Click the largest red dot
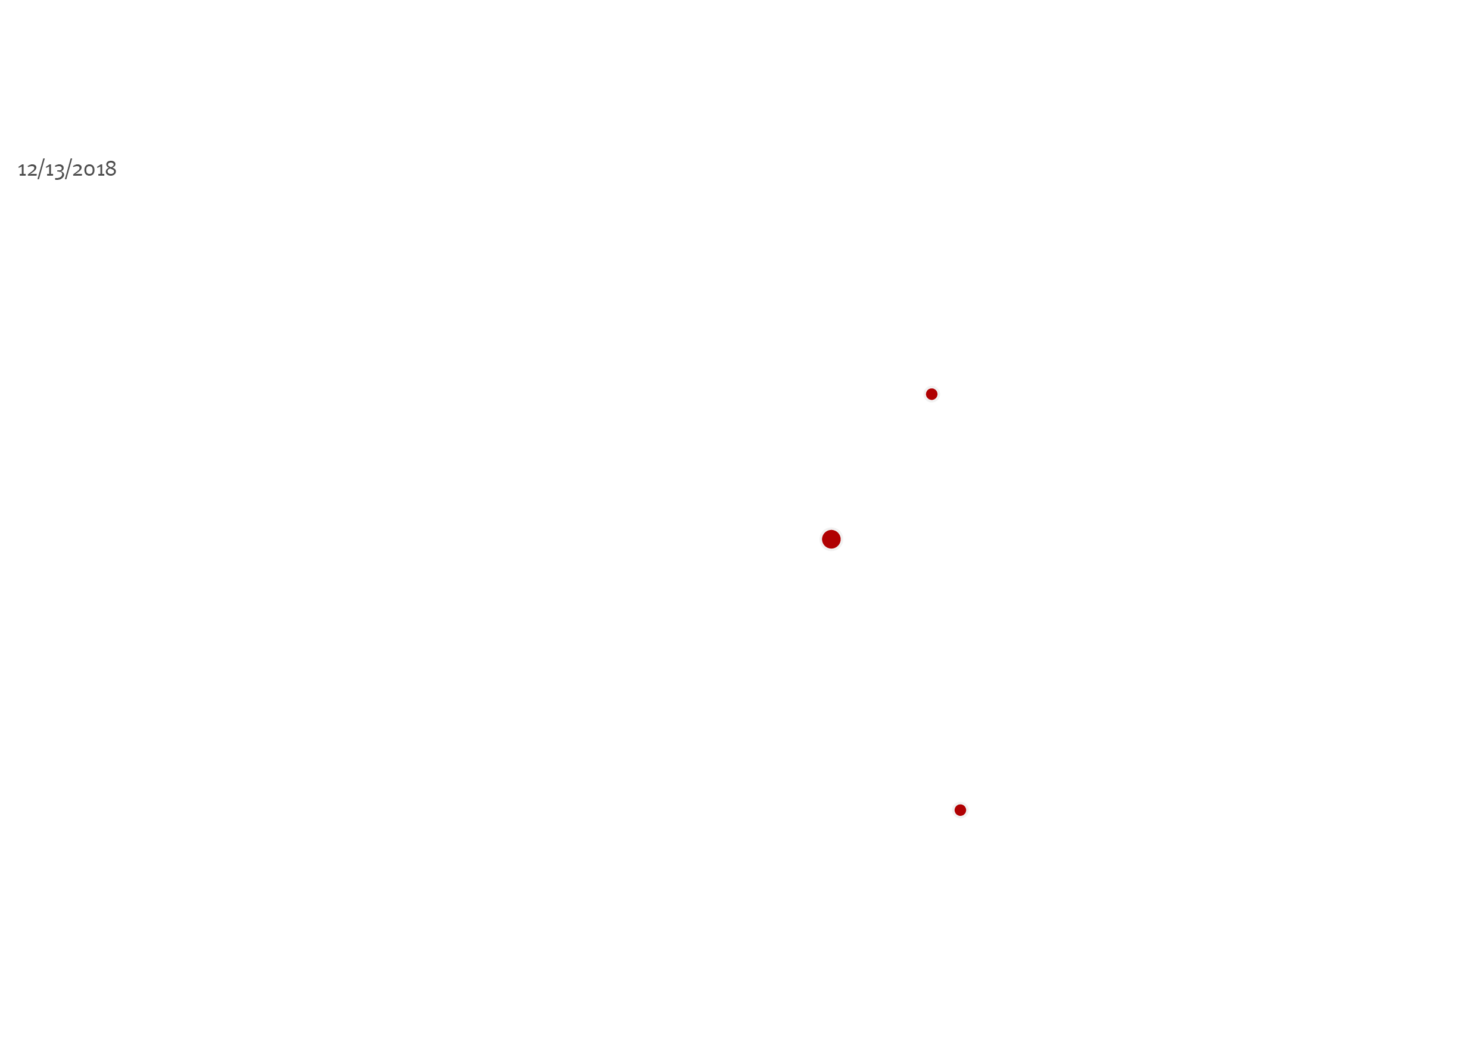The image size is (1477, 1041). point(831,539)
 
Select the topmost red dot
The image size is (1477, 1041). point(931,394)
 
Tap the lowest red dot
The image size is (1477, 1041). point(961,810)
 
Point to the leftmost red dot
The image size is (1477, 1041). point(831,539)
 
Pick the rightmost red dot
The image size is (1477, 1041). point(961,810)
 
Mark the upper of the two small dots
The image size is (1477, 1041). point(931,394)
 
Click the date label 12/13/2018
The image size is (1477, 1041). point(67,169)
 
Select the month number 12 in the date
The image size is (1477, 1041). point(27,170)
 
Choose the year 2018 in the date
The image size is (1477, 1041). point(95,169)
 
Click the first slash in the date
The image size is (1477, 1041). point(40,169)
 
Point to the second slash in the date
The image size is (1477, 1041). point(68,169)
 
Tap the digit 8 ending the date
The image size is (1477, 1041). point(111,169)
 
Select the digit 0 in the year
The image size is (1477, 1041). point(89,170)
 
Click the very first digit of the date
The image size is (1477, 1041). point(22,170)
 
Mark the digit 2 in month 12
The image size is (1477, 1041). point(32,170)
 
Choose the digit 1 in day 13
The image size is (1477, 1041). point(49,170)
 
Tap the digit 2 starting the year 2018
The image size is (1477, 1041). point(78,170)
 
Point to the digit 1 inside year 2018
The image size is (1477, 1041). point(99,170)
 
